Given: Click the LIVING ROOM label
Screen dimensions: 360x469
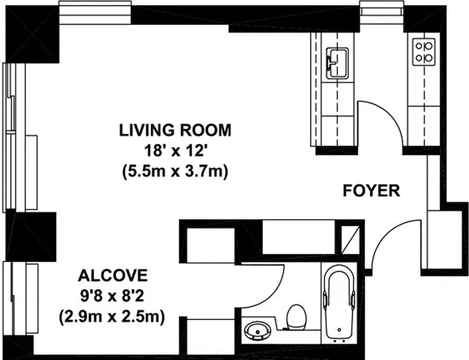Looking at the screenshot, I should (175, 130).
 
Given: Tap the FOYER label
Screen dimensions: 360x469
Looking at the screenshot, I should (371, 191).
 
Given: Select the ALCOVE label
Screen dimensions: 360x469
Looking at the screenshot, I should (112, 274).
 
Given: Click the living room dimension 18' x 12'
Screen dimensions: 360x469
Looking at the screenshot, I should (175, 151).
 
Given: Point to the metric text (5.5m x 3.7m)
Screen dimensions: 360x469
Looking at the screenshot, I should (175, 172).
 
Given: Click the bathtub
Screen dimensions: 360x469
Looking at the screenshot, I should (339, 306).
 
